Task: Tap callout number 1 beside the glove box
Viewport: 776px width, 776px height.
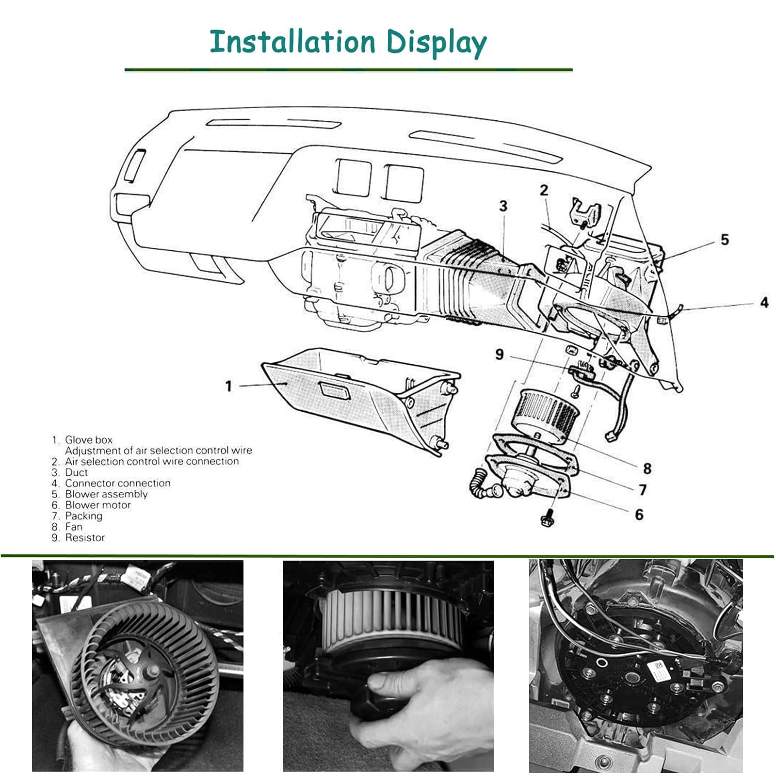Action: click(x=228, y=386)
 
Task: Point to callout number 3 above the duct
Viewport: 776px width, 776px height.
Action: click(x=503, y=206)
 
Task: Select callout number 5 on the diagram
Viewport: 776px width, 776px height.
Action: click(x=724, y=240)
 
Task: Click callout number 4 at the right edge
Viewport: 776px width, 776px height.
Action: click(x=764, y=303)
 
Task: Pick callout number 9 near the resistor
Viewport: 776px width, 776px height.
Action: click(x=500, y=355)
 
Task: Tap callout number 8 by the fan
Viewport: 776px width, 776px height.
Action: click(x=647, y=469)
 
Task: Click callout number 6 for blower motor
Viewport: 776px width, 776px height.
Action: click(x=639, y=515)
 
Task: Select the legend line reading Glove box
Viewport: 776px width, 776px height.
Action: click(x=88, y=440)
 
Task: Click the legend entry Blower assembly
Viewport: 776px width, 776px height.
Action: click(x=106, y=494)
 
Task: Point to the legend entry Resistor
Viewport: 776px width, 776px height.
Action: click(x=84, y=538)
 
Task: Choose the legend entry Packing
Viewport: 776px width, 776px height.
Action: click(x=83, y=516)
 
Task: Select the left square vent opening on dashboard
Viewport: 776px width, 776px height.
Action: click(x=354, y=178)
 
